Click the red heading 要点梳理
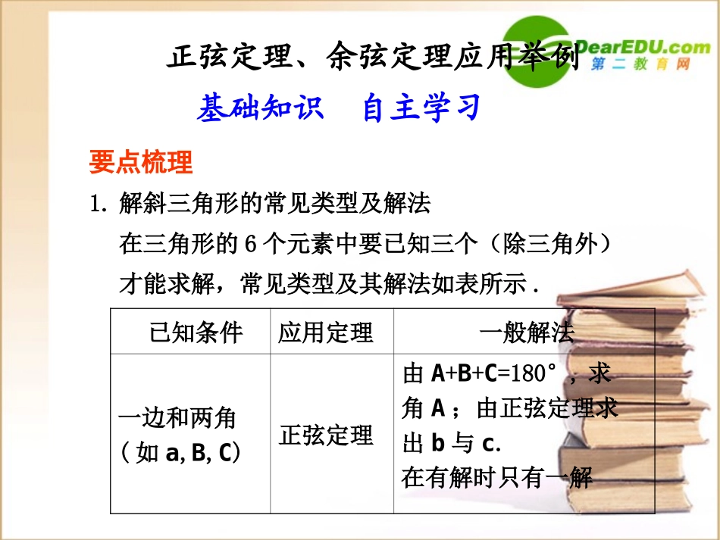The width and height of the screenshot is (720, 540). click(x=141, y=161)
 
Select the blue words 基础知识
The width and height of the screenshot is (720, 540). click(x=260, y=108)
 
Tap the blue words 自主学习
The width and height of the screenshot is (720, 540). click(x=421, y=108)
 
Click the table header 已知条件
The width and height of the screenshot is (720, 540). click(x=196, y=332)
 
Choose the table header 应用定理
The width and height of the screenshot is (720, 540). click(x=326, y=332)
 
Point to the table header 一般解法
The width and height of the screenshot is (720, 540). click(x=527, y=332)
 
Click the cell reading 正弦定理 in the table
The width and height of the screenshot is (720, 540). click(x=326, y=435)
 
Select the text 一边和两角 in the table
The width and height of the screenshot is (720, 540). click(x=178, y=417)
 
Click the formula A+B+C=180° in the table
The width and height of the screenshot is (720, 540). click(x=493, y=373)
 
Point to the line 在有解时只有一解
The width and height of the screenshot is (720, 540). click(x=496, y=478)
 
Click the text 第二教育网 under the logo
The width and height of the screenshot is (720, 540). click(x=640, y=65)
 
